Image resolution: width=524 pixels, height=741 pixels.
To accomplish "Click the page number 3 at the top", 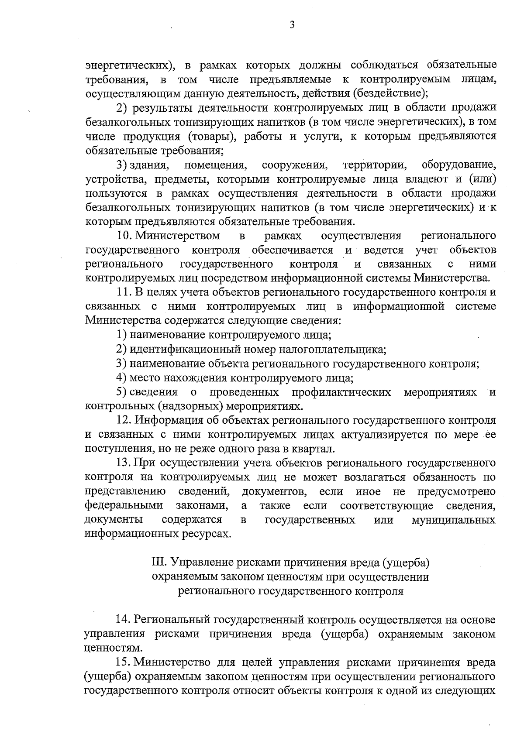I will pos(292,25).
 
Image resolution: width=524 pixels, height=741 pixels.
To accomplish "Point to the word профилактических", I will pos(341,392).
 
